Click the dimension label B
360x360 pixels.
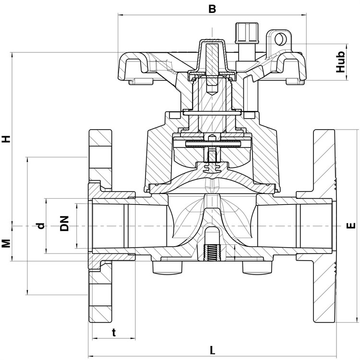[212, 9]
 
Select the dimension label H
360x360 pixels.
[7, 139]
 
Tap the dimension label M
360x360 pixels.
[6, 243]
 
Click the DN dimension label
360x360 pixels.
[64, 223]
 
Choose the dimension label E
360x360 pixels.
[350, 226]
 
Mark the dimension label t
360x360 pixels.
[114, 332]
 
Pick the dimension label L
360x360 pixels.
[212, 350]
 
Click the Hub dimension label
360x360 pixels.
[341, 62]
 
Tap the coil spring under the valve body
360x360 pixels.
[212, 253]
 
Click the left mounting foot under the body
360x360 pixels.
[168, 267]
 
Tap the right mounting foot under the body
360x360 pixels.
[257, 267]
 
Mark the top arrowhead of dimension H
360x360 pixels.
[12, 55]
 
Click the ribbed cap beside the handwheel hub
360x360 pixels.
[247, 33]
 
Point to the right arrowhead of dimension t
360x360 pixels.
[132, 338]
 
